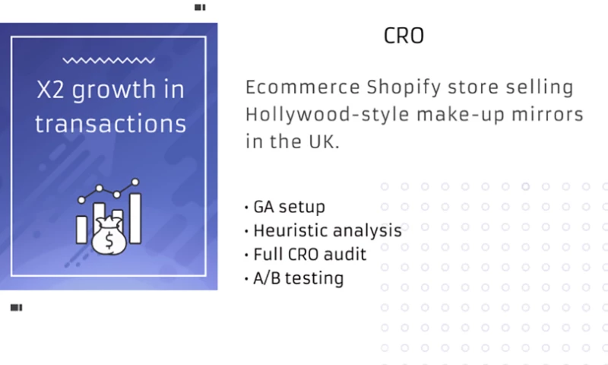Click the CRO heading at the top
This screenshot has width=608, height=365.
click(404, 36)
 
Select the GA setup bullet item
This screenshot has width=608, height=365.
click(289, 207)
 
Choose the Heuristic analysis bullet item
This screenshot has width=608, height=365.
click(327, 230)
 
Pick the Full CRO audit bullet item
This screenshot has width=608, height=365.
click(309, 254)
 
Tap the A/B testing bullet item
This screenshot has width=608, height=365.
click(298, 278)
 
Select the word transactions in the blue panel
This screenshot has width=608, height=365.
click(110, 123)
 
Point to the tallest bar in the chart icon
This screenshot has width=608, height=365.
click(135, 217)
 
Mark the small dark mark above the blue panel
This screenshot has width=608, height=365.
click(200, 7)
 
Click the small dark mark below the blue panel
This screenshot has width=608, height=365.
click(16, 307)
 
